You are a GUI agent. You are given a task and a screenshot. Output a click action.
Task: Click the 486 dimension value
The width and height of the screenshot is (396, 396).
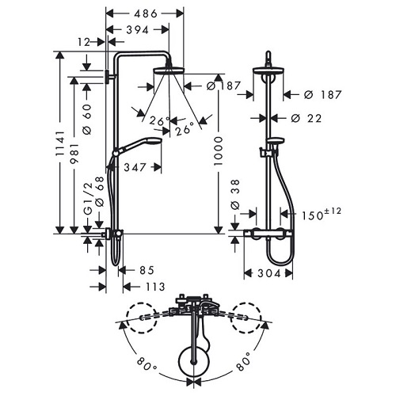pyautogui.click(x=145, y=13)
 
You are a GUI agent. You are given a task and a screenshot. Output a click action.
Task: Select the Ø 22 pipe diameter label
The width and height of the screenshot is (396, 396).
pyautogui.click(x=310, y=118)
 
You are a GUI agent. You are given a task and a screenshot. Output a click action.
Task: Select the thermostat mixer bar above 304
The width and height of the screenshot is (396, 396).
pyautogui.click(x=268, y=234)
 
